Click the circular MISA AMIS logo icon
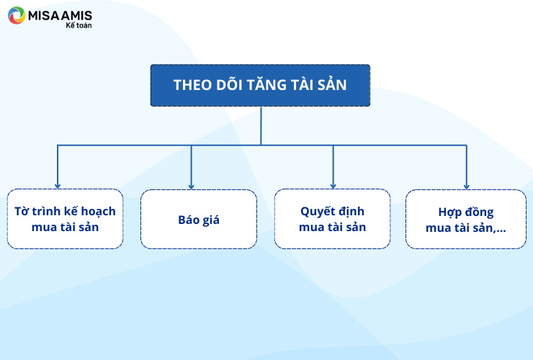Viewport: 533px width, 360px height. pos(17,15)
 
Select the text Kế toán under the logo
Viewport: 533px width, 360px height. pos(79,25)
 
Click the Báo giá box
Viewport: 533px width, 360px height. pos(199,220)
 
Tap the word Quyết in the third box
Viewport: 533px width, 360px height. pos(315,212)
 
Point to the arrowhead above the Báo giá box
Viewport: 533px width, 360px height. pos(192,186)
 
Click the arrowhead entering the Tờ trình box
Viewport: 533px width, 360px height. pos(58,186)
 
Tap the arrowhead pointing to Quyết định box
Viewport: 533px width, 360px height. pos(333,186)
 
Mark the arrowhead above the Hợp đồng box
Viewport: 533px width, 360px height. pos(467,186)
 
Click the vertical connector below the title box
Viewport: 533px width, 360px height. pos(261,126)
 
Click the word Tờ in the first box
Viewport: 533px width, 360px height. pos(22,212)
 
